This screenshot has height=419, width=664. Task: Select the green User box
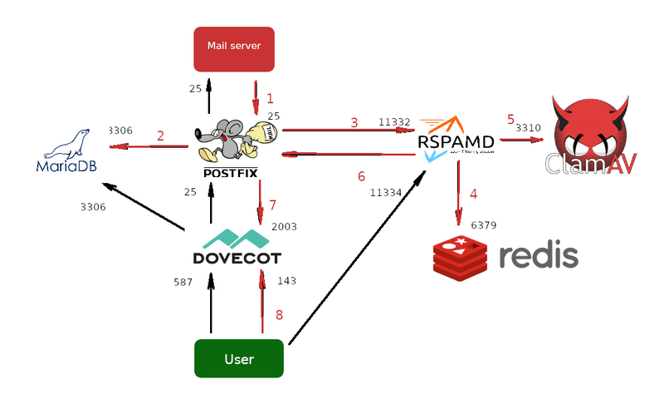(239, 359)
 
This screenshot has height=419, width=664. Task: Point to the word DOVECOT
(237, 258)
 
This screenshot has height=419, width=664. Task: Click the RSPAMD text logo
(457, 142)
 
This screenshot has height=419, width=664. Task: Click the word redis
(538, 256)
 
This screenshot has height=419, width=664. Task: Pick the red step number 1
(270, 99)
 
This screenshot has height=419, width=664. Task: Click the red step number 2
(160, 136)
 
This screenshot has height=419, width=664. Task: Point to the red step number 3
(354, 122)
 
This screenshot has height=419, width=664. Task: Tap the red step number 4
(473, 194)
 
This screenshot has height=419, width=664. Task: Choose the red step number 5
(510, 119)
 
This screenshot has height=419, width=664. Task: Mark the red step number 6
(361, 176)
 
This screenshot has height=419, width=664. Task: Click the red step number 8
(279, 314)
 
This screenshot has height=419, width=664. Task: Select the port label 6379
(484, 225)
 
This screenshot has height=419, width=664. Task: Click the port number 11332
(395, 121)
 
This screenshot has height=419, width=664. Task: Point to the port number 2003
(284, 226)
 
